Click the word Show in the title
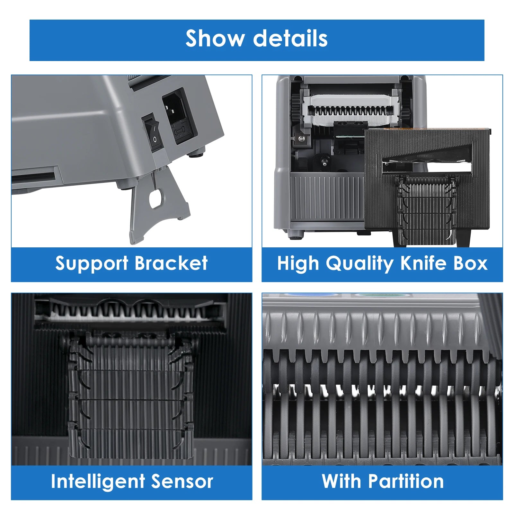215,39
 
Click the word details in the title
290,39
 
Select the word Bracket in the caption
171,263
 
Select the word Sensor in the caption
182,482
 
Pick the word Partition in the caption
406,481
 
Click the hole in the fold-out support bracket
156,198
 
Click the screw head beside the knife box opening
302,138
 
